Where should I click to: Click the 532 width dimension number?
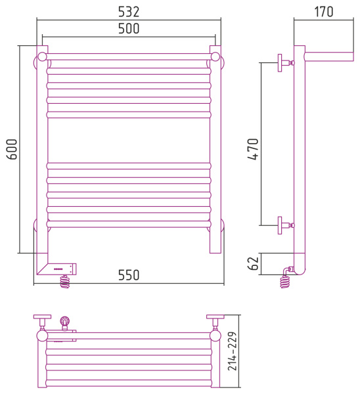pos(129,12)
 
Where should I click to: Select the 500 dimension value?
pos(129,28)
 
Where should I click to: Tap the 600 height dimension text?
pos(12,149)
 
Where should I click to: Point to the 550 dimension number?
pos(129,275)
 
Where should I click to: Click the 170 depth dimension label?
pos(324,12)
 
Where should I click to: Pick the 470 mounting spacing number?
pos(253,149)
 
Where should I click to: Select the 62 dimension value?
pos(253,263)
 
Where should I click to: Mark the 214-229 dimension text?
pos(233,351)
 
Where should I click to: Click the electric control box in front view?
pos(61,269)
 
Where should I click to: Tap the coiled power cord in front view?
pos(65,282)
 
